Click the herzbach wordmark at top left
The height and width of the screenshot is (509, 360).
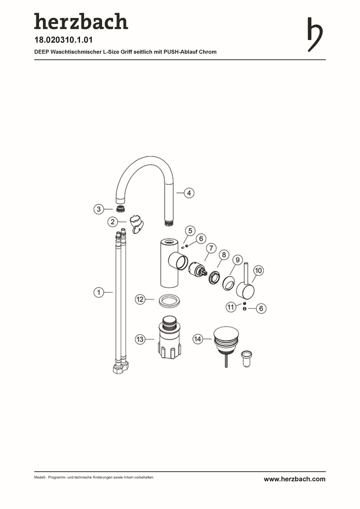pyautogui.click(x=81, y=21)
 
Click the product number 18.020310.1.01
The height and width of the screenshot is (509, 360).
pyautogui.click(x=64, y=40)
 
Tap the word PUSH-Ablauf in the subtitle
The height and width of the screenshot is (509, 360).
pyautogui.click(x=180, y=52)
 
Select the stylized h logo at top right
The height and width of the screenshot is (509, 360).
pyautogui.click(x=315, y=34)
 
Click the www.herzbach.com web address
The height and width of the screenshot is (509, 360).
pyautogui.click(x=295, y=479)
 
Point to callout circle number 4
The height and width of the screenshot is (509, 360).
pyautogui.click(x=189, y=193)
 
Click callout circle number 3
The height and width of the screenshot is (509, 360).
pyautogui.click(x=98, y=209)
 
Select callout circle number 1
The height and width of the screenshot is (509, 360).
pyautogui.click(x=98, y=293)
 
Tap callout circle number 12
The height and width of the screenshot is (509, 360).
pyautogui.click(x=140, y=299)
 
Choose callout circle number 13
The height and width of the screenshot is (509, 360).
pyautogui.click(x=140, y=339)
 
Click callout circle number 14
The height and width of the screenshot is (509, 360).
pyautogui.click(x=197, y=339)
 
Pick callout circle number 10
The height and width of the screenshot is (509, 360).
pyautogui.click(x=258, y=271)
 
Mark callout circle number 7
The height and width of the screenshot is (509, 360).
pyautogui.click(x=211, y=249)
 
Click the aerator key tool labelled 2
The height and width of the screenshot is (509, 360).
pyautogui.click(x=136, y=224)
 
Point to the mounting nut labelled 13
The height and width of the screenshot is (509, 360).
pyautogui.click(x=169, y=337)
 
